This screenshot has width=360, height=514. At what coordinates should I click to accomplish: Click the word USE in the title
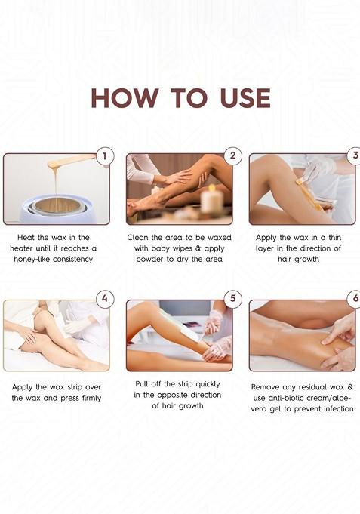(x=242, y=97)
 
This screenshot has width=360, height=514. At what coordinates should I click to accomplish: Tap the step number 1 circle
(x=105, y=157)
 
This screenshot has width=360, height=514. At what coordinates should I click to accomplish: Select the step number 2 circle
(x=232, y=157)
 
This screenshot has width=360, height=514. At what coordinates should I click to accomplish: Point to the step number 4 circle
(x=105, y=298)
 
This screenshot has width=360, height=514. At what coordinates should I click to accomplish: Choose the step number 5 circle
(x=232, y=298)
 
